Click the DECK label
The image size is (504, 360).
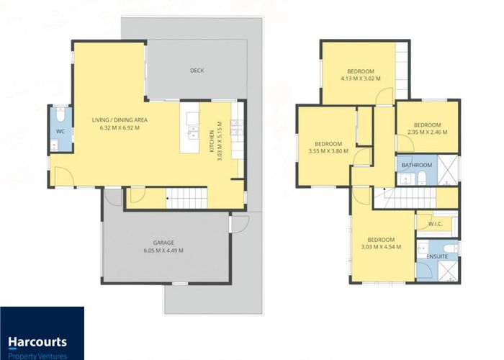(197, 71)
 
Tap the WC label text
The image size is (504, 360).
(60, 131)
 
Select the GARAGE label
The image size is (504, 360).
(163, 243)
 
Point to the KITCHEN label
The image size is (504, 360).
(212, 141)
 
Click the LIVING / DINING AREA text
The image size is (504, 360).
(120, 120)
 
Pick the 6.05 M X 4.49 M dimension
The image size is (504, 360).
(163, 251)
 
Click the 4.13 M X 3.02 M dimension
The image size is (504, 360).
(361, 78)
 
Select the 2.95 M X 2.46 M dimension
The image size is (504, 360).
(427, 132)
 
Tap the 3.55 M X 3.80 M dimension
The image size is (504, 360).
(328, 150)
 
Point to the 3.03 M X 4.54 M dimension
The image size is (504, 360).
(381, 247)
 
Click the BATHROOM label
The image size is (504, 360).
(417, 165)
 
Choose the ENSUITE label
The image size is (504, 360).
(437, 256)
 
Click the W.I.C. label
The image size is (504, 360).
(436, 224)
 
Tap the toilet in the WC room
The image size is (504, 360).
(60, 114)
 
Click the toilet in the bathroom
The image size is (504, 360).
(421, 178)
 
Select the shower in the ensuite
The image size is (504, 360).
(448, 271)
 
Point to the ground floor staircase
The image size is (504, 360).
(186, 198)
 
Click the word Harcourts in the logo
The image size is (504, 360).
(37, 342)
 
